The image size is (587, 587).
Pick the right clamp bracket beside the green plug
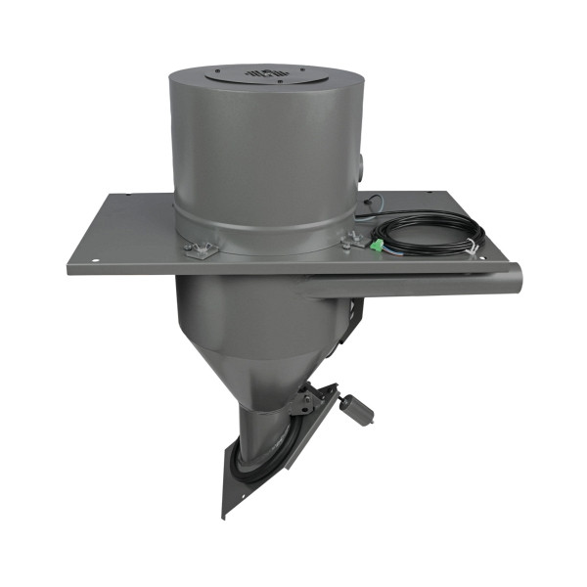click(350, 241)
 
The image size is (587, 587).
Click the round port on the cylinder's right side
click(361, 161)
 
